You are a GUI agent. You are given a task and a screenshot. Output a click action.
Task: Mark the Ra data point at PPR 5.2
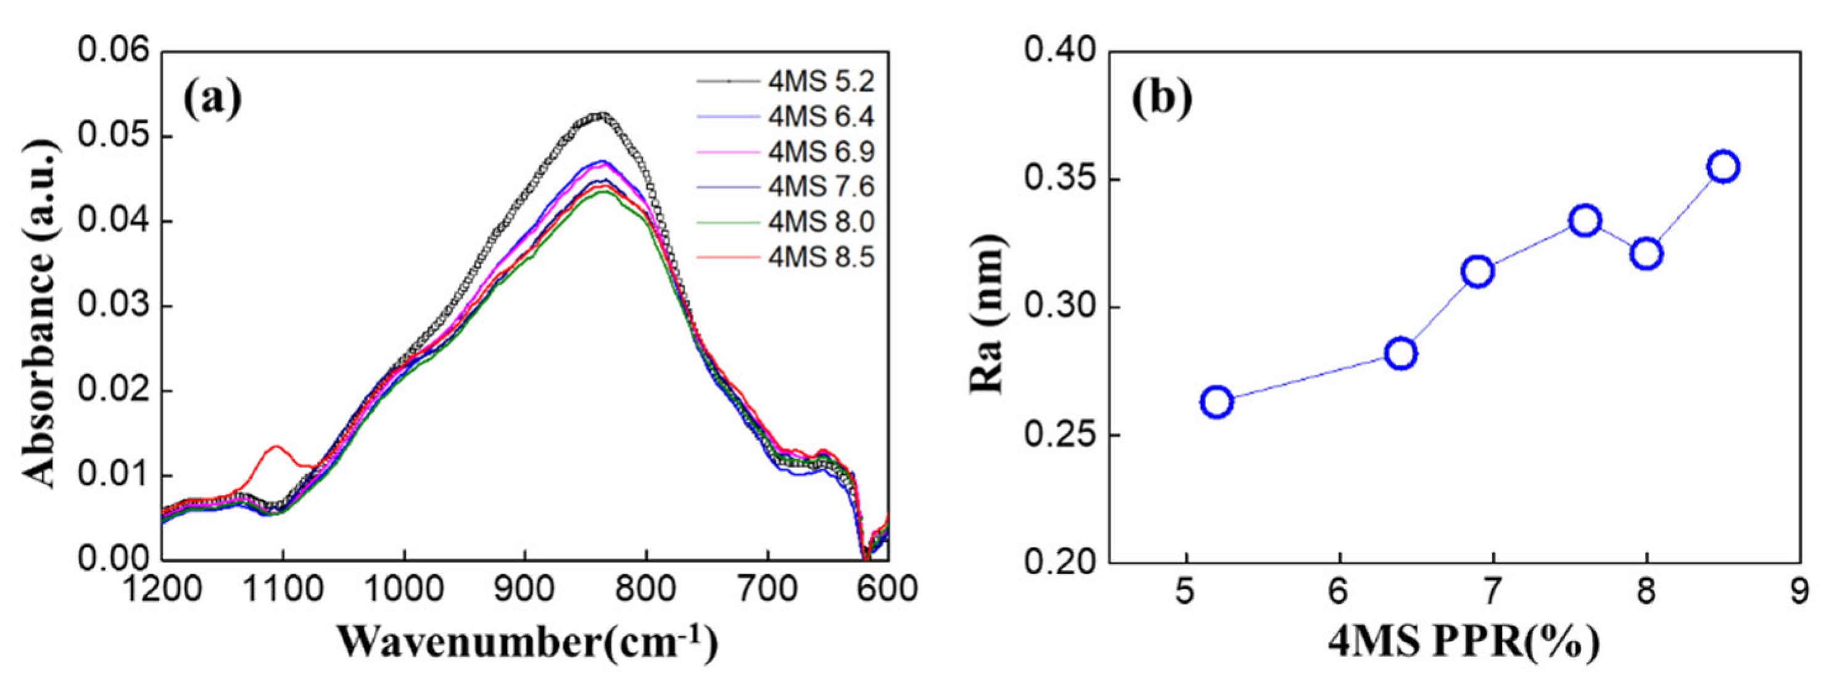click(x=1216, y=402)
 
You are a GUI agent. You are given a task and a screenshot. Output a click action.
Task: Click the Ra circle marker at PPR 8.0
click(x=1646, y=254)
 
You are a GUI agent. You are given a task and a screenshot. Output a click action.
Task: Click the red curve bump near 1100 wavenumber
click(x=276, y=448)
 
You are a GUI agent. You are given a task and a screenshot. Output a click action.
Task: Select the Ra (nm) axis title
click(x=987, y=313)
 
